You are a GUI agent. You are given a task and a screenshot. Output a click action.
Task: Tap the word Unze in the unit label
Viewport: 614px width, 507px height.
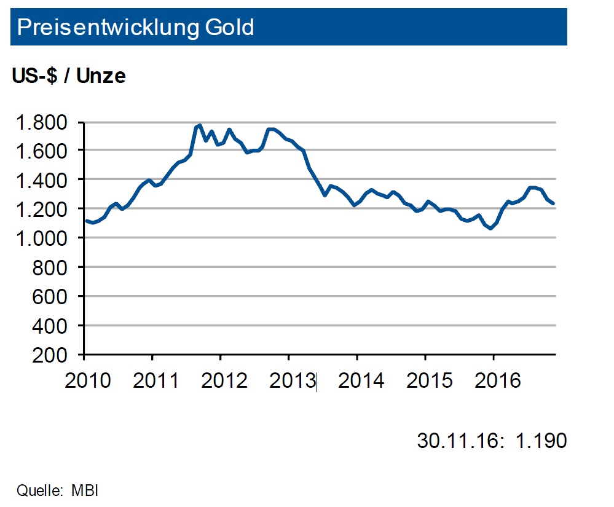101,76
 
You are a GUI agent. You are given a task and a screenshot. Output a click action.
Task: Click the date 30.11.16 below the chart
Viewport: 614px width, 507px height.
456,441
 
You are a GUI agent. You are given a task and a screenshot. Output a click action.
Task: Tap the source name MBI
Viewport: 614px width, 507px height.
85,491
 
